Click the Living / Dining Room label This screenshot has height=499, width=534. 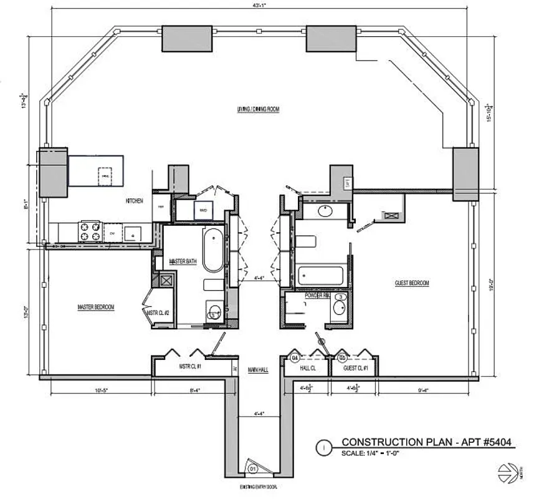(258, 109)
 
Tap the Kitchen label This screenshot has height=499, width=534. (135, 201)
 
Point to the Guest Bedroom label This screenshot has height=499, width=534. (412, 284)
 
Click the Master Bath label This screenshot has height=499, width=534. (183, 262)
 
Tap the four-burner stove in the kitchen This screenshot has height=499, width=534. (88, 231)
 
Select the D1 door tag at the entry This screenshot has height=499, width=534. (253, 468)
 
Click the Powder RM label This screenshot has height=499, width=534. (317, 296)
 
